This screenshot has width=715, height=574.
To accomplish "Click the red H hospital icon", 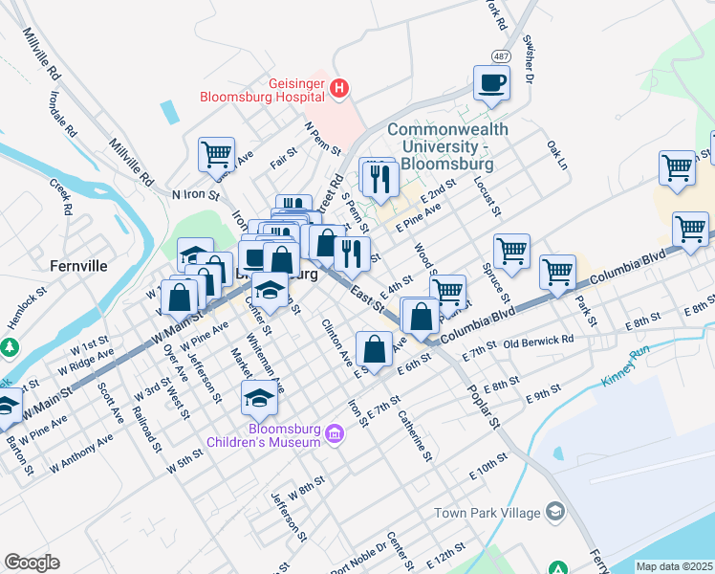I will pos(338,89).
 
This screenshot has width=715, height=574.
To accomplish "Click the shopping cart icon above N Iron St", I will pos(217,153).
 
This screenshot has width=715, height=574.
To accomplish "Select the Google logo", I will pos(32,563).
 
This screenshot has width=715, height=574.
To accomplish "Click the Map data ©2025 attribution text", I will pos(673,566).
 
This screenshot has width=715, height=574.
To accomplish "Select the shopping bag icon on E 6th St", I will pos(374,348).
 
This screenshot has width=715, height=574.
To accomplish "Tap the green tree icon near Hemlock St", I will pos(10,345).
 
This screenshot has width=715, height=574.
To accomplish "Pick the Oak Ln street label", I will pos(556,156).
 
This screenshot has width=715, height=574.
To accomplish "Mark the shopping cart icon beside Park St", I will pos(557,272).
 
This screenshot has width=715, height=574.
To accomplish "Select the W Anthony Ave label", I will pos(82,451).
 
